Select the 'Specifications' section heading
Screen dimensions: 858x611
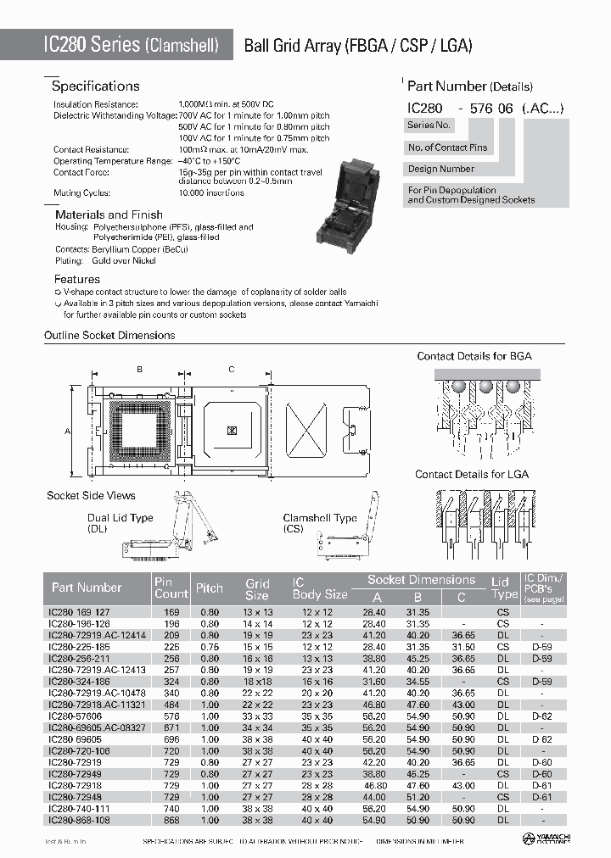click(x=95, y=86)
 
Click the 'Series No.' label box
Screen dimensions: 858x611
click(x=429, y=125)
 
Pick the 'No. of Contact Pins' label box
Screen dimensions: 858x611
click(x=448, y=148)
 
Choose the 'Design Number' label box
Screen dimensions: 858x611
click(x=440, y=170)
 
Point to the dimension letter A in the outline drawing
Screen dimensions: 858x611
click(x=66, y=431)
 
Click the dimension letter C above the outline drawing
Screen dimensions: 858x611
click(x=231, y=369)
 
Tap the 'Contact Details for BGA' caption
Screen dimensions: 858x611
click(x=474, y=356)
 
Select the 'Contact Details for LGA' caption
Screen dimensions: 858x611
click(x=472, y=474)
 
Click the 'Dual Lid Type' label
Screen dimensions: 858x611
click(x=121, y=518)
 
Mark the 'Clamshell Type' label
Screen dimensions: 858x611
click(x=320, y=518)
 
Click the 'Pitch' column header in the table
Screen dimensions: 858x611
click(x=210, y=588)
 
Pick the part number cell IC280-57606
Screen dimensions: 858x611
click(x=77, y=716)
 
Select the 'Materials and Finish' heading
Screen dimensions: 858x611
click(x=104, y=215)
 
